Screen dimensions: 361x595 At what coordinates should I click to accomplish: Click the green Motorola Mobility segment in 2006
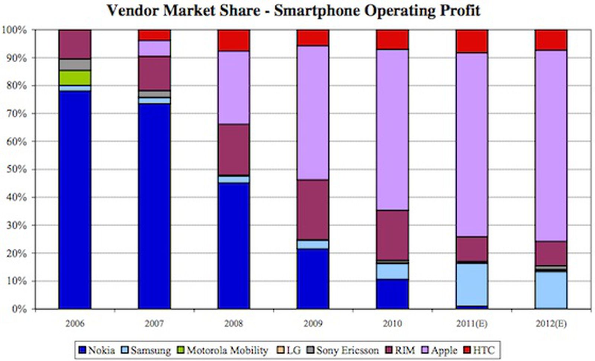pos(75,77)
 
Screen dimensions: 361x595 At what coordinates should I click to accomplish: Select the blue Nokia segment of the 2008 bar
pos(234,246)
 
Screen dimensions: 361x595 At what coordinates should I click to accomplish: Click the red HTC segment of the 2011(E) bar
pos(472,41)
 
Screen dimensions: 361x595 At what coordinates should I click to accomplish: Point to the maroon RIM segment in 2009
pos(313,210)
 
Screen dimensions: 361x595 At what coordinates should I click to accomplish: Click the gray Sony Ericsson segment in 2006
pos(75,64)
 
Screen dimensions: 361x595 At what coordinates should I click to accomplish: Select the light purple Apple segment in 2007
pos(154,48)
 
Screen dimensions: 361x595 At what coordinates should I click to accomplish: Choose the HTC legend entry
pos(480,350)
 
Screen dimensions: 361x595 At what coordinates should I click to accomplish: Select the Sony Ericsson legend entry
pos(342,350)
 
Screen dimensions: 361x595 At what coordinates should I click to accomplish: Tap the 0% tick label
pos(19,309)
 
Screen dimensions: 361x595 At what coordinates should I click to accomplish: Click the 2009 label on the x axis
pos(313,323)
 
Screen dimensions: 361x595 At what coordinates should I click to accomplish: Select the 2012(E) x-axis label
pos(551,323)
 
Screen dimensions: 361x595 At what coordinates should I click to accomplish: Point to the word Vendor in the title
pos(133,10)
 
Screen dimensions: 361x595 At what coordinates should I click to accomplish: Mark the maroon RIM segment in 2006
pos(75,44)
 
